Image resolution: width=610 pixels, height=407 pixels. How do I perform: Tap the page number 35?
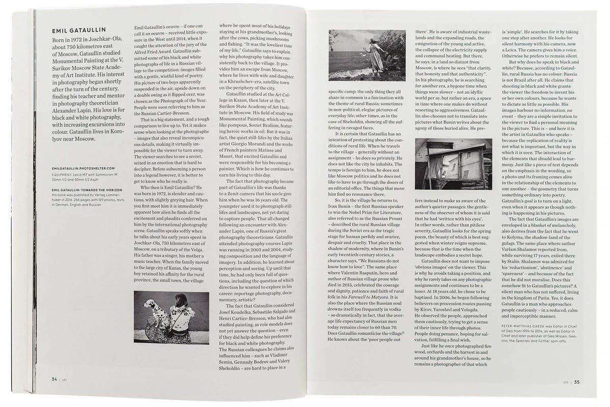(x=577, y=383)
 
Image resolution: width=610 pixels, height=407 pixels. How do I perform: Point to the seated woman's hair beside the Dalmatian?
(x=181, y=300)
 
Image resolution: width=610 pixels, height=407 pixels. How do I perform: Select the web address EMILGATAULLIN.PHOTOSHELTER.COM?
(x=83, y=167)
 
